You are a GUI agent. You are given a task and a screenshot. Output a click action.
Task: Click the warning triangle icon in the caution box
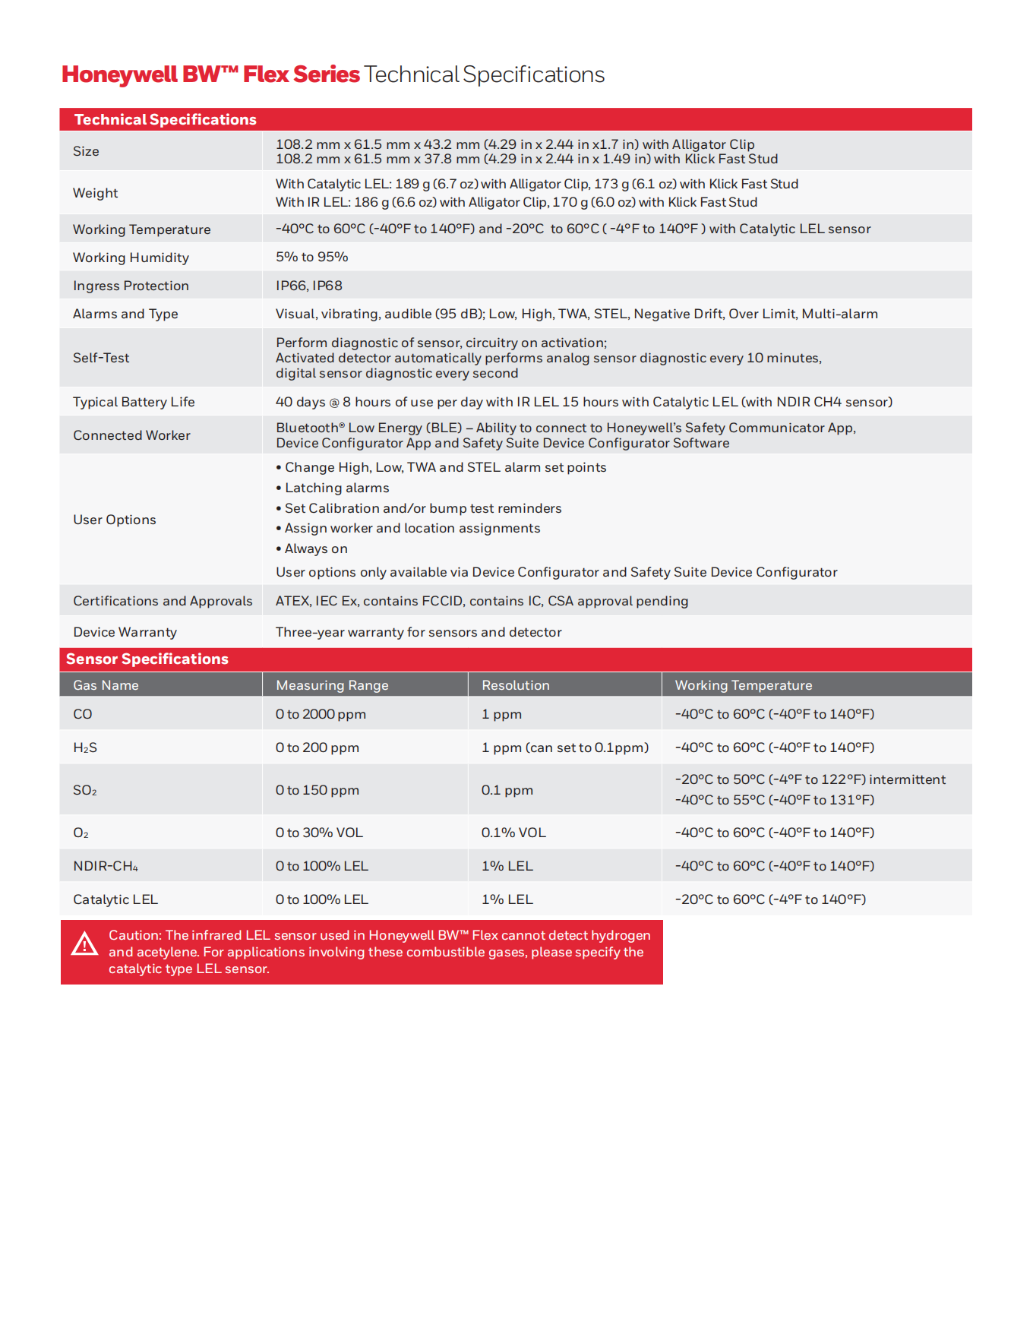pyautogui.click(x=84, y=944)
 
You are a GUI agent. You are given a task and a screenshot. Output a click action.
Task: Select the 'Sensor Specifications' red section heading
pyautogui.click(x=147, y=659)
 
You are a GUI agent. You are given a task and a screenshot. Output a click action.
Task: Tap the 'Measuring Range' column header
pyautogui.click(x=332, y=685)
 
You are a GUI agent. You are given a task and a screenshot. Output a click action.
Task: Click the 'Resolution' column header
pyautogui.click(x=515, y=685)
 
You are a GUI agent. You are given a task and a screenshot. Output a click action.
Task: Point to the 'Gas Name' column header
pyautogui.click(x=106, y=685)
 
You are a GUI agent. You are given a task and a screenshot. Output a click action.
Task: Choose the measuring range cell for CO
pyautogui.click(x=321, y=714)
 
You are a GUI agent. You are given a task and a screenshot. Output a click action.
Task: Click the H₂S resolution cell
pyautogui.click(x=564, y=748)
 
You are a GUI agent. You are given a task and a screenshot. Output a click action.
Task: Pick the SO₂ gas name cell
pyautogui.click(x=84, y=790)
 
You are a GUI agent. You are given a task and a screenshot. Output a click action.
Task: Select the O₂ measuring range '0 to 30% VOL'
pyautogui.click(x=319, y=833)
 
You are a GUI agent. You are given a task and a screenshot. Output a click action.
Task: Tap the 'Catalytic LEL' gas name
pyautogui.click(x=115, y=899)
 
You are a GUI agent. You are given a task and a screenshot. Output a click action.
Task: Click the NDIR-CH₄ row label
pyautogui.click(x=106, y=866)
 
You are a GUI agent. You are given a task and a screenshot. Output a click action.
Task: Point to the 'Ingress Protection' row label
pyautogui.click(x=131, y=286)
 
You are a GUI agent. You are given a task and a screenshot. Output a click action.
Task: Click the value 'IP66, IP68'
pyautogui.click(x=308, y=286)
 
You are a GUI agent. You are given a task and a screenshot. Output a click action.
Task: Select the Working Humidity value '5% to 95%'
pyautogui.click(x=311, y=257)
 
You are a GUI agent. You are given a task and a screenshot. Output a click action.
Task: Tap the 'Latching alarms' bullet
pyautogui.click(x=336, y=488)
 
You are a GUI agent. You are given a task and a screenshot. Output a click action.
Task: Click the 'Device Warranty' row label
pyautogui.click(x=125, y=632)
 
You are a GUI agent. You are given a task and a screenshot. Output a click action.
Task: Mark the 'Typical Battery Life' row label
pyautogui.click(x=134, y=402)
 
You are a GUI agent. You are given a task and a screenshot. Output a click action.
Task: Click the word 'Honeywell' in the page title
pyautogui.click(x=120, y=74)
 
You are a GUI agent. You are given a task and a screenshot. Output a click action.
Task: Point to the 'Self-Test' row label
pyautogui.click(x=101, y=358)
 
